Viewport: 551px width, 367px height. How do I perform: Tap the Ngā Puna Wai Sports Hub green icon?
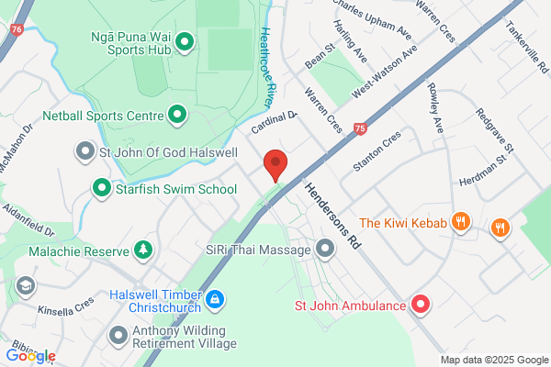pos(183,40)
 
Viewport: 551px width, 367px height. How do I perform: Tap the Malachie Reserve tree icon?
pos(142,249)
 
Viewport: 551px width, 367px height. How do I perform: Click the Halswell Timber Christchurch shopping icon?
pos(215,298)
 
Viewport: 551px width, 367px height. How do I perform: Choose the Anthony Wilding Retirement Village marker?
pos(118,335)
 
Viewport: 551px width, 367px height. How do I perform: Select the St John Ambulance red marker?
pos(421,305)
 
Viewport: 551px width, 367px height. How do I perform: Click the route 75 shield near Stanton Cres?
pos(359,128)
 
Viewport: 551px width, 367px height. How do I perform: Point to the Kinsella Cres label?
pos(66,303)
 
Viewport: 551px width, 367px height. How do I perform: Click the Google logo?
pos(30,356)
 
